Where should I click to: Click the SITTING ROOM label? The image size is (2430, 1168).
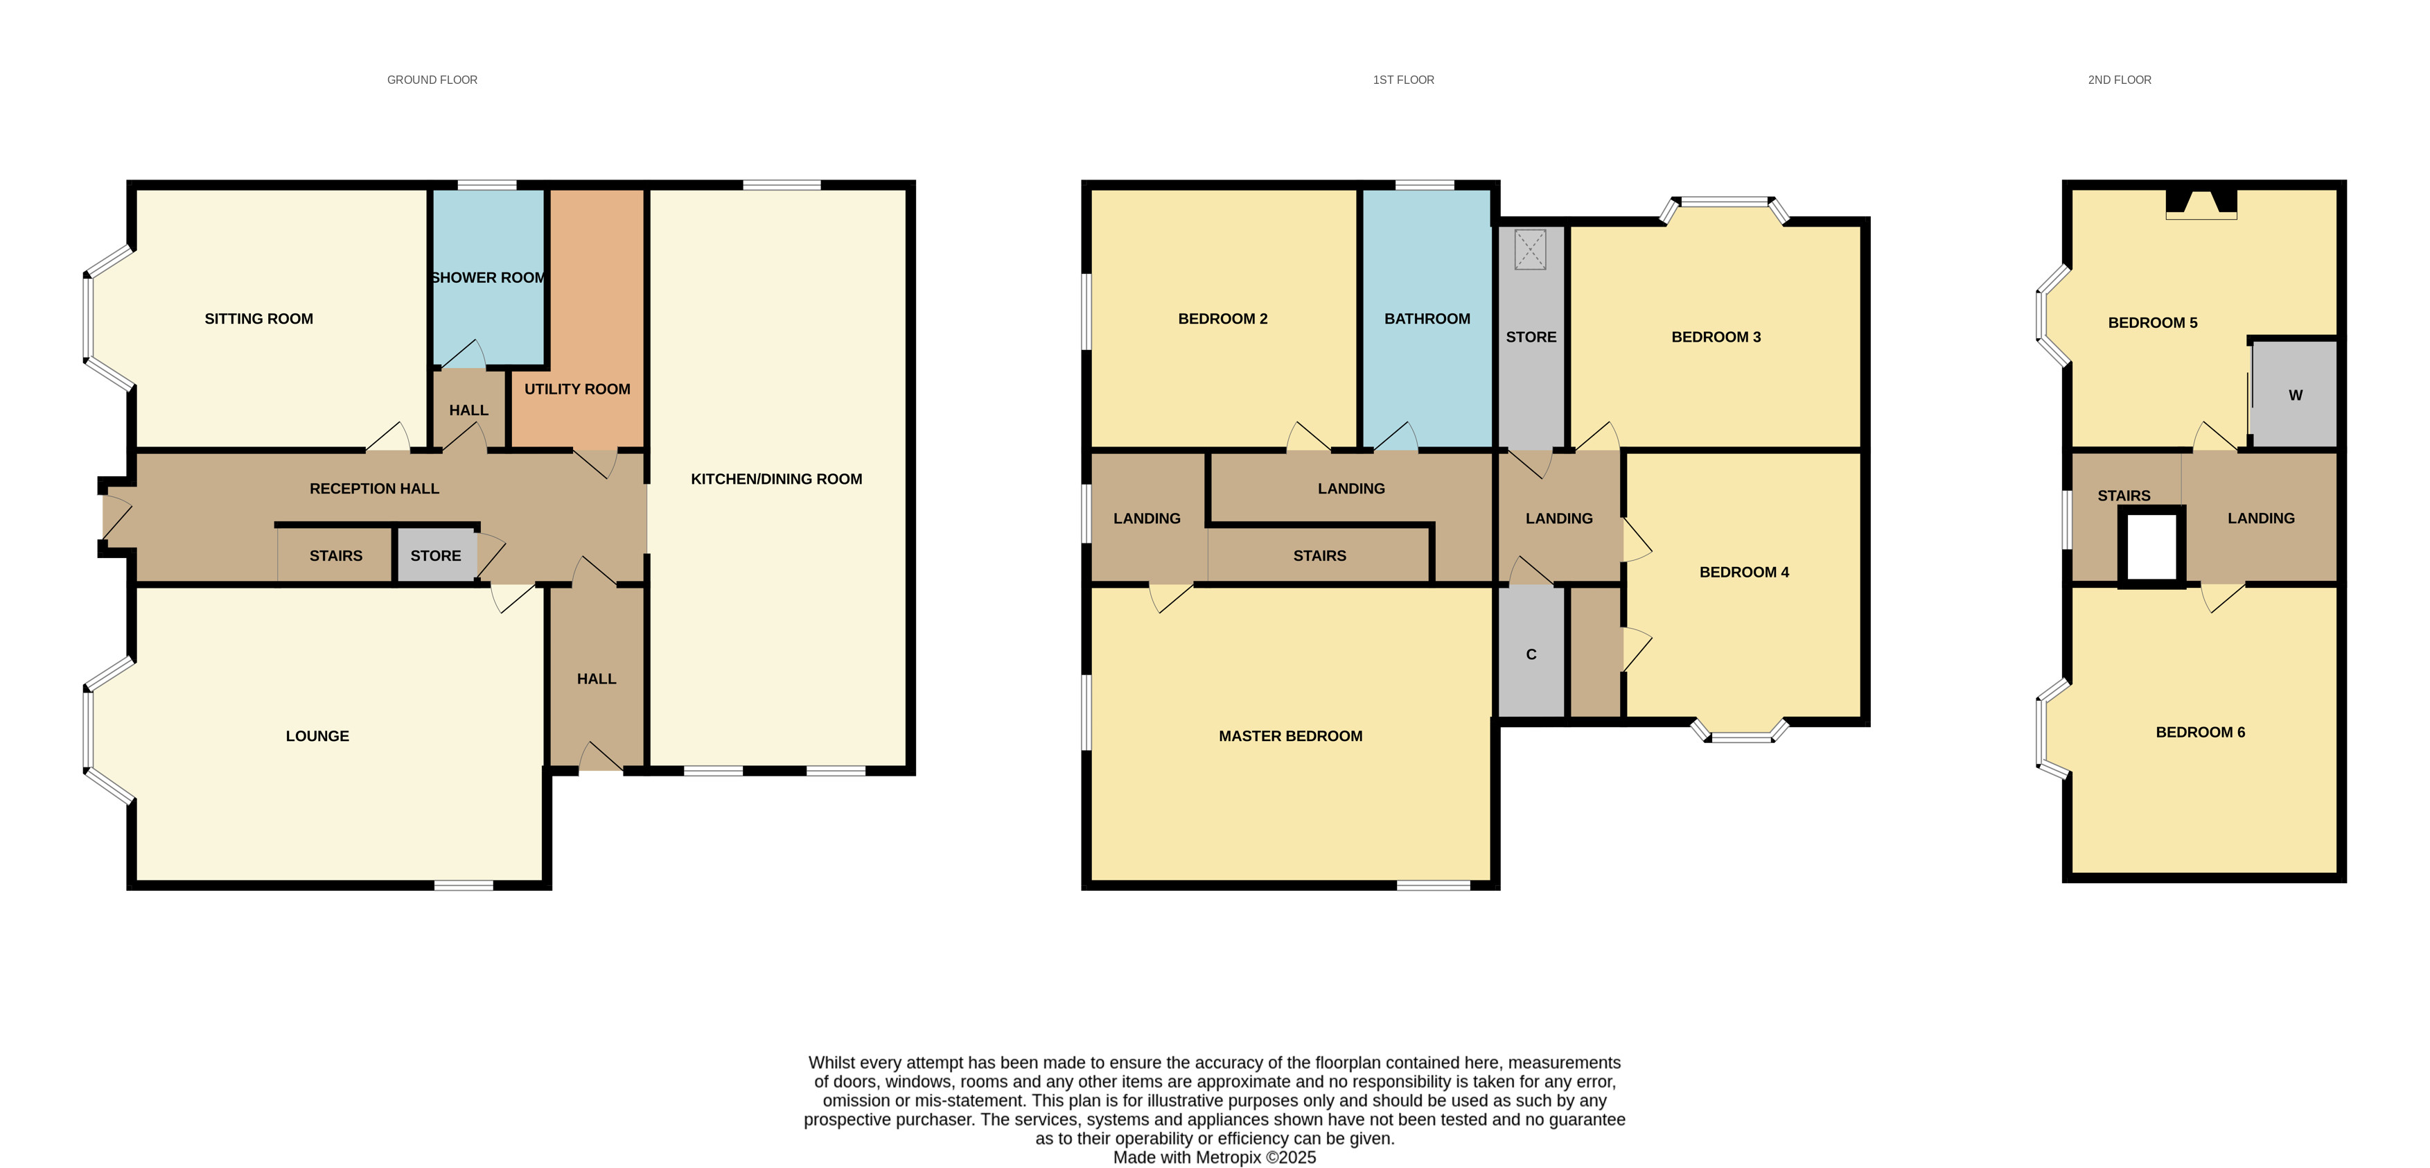[258, 319]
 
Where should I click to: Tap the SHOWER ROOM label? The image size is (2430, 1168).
[488, 277]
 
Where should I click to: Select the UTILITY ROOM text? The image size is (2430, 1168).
[577, 389]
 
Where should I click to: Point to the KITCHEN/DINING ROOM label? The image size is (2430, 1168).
[776, 479]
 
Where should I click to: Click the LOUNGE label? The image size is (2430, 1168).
[317, 736]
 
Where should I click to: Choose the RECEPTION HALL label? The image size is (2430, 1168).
[374, 489]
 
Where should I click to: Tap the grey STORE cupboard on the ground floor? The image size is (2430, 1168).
[436, 555]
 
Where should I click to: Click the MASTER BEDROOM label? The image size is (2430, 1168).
[1290, 736]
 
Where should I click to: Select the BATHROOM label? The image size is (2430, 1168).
[1427, 319]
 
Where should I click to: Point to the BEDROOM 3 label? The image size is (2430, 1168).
[1716, 337]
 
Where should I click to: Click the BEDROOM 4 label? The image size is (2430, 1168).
[1744, 572]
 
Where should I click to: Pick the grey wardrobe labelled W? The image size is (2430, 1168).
[2294, 394]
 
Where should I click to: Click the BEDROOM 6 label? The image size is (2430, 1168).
[2200, 732]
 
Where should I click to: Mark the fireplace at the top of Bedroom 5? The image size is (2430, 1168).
[2201, 204]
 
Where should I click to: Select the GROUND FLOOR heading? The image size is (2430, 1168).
[432, 80]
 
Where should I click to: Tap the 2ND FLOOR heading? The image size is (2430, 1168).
[2120, 80]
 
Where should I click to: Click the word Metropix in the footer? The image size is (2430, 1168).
[1229, 1158]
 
